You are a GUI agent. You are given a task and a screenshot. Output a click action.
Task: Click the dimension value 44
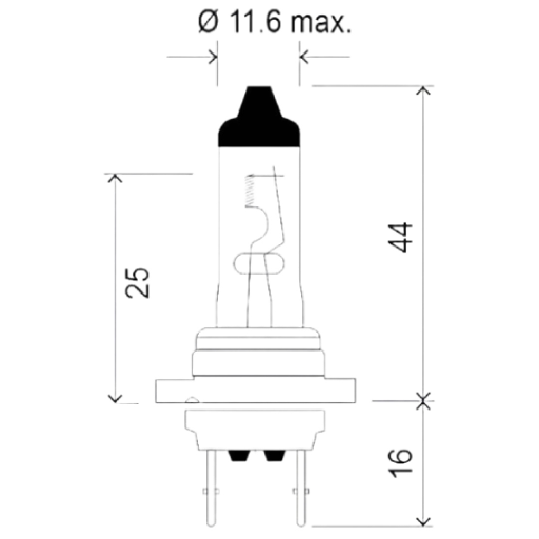click(x=400, y=238)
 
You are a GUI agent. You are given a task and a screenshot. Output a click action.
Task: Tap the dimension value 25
click(x=137, y=282)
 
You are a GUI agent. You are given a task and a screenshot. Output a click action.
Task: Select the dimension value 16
click(x=400, y=463)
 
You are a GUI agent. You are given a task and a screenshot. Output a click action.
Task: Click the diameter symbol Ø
click(x=208, y=22)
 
